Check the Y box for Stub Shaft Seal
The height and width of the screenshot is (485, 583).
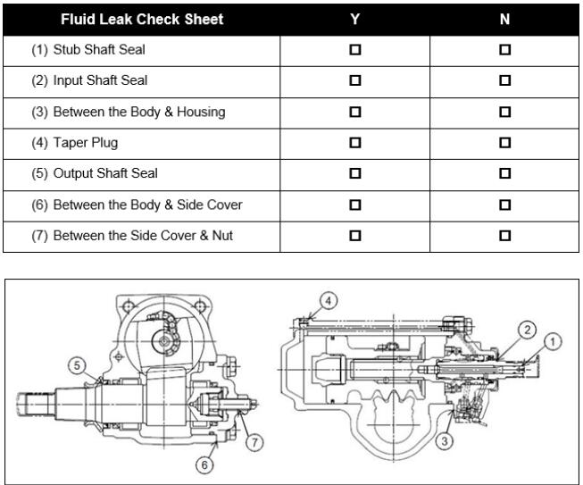[x=355, y=49]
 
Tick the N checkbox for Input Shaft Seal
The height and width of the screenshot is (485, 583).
[x=504, y=80]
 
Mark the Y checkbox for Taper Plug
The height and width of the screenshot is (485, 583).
[x=355, y=142]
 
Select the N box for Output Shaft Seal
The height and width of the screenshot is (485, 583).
[x=504, y=173]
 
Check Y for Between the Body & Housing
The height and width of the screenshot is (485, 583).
[x=355, y=112]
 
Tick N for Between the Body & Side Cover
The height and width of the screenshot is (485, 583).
[x=504, y=205]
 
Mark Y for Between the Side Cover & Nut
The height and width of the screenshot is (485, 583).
[x=355, y=236]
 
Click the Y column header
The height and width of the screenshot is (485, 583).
[x=355, y=19]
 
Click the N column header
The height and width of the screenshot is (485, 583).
[x=504, y=19]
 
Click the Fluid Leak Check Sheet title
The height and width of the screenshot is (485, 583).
[x=142, y=19]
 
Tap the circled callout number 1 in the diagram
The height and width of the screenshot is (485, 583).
[x=553, y=341]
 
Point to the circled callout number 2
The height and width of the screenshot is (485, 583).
[x=528, y=330]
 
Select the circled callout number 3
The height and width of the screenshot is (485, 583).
[x=445, y=441]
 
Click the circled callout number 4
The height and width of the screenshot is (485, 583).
[x=329, y=300]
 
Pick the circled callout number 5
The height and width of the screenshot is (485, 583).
[x=77, y=365]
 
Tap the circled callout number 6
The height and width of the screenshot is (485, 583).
[x=204, y=464]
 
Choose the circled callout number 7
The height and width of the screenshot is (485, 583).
[x=254, y=442]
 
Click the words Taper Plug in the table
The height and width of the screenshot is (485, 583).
[x=86, y=143]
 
